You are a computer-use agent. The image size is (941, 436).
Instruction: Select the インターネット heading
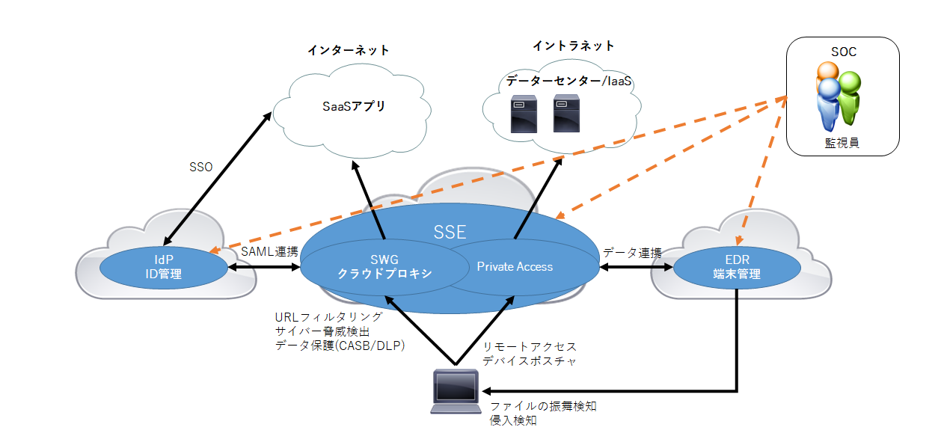click(x=349, y=50)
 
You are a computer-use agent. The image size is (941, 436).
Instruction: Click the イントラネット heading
click(x=574, y=46)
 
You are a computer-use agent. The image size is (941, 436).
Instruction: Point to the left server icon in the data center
click(x=521, y=113)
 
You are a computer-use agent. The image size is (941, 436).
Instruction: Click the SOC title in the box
click(x=843, y=52)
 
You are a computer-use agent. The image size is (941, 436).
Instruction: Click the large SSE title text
click(x=450, y=232)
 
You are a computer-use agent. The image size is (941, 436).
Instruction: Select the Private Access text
click(x=515, y=266)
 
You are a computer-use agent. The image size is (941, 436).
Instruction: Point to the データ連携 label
click(x=632, y=253)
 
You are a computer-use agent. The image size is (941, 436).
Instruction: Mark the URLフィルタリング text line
click(x=328, y=317)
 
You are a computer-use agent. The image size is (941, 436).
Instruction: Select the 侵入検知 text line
click(x=513, y=420)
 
